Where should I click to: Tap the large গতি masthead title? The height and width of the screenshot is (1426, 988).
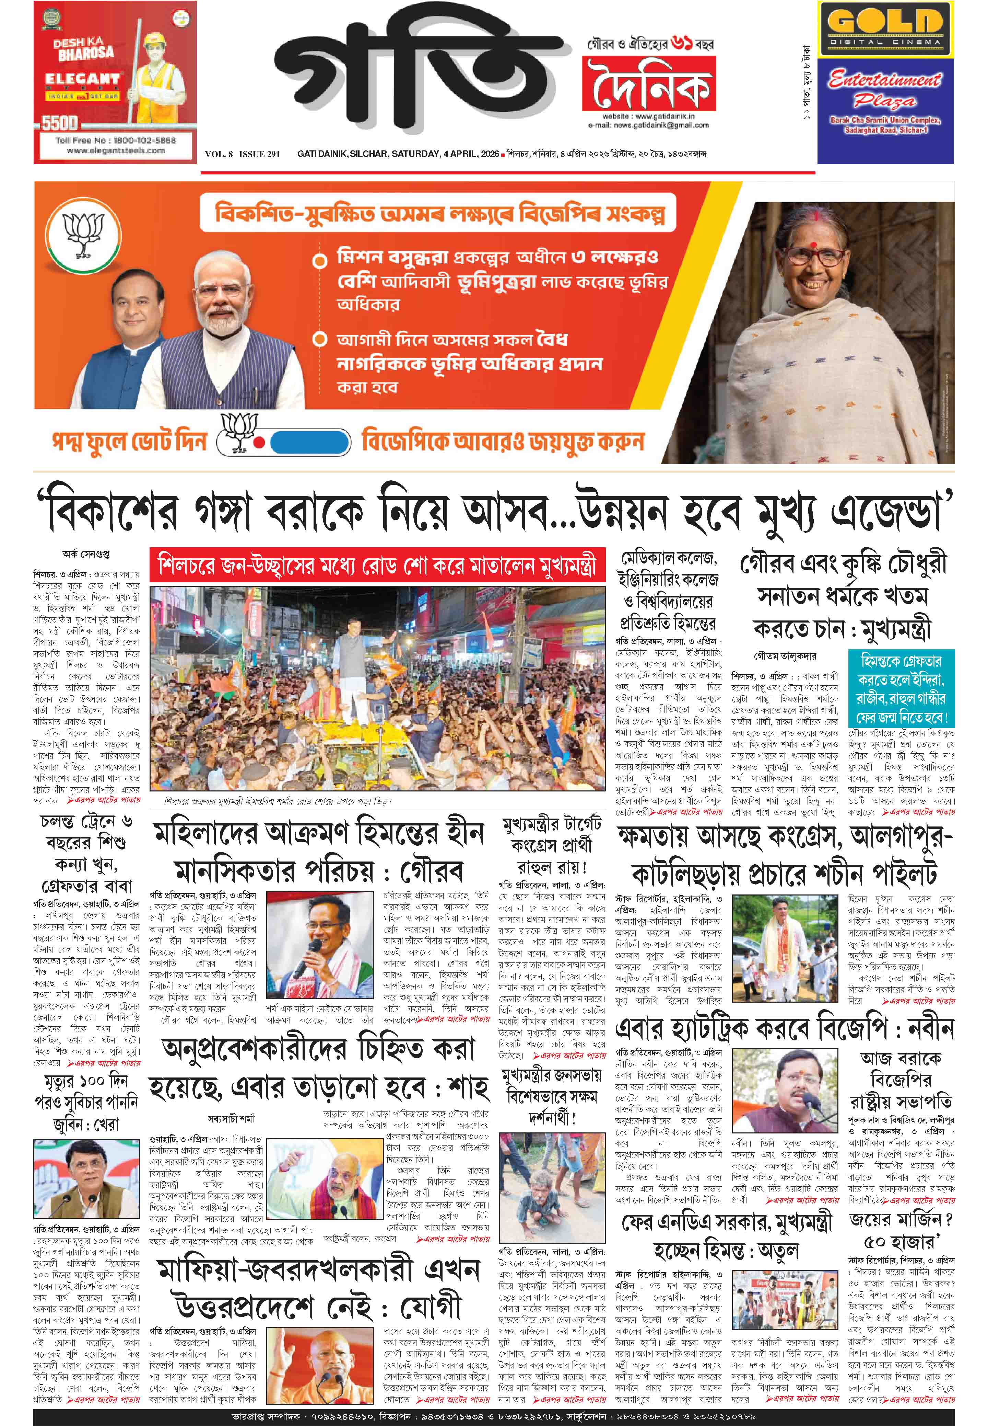[x=412, y=81]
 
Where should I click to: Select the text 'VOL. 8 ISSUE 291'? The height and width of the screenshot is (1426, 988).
[x=242, y=154]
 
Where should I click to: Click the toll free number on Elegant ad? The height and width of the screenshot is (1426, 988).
[x=115, y=140]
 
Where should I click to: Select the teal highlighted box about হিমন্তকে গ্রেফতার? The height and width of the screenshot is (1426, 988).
[x=901, y=688]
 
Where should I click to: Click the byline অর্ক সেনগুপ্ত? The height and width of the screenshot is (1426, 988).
[x=86, y=554]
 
